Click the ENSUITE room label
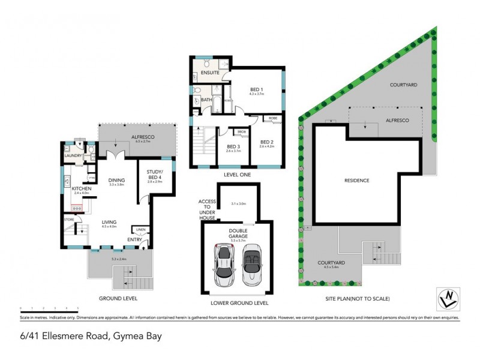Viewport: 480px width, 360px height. [210, 73]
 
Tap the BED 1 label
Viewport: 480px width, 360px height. [257, 89]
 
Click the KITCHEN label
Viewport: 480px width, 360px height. [81, 189]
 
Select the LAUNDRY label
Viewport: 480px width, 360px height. [73, 156]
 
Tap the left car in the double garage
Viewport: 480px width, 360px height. [223, 266]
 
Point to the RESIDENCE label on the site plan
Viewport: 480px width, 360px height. [356, 180]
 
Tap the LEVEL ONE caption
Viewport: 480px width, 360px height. [238, 175]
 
